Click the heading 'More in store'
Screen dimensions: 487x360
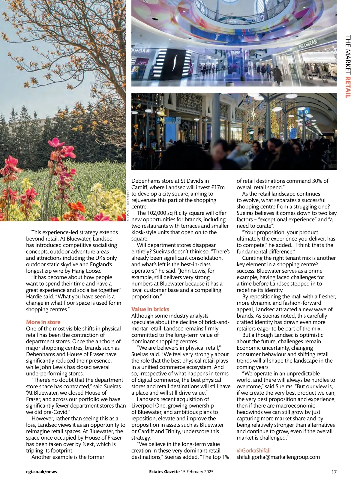pos(43,322)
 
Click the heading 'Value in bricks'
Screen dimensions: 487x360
pos(150,309)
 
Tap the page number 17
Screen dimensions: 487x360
pos(334,472)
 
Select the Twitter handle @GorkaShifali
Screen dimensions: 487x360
pos(253,450)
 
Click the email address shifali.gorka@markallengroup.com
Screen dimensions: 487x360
pos(278,457)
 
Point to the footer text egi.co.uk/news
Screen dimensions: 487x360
pos(41,472)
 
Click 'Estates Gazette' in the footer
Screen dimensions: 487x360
pos(164,472)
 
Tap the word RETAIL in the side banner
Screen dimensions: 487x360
pos(348,87)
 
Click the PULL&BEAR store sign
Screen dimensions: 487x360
pos(308,44)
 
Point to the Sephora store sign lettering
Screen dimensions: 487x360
pos(140,51)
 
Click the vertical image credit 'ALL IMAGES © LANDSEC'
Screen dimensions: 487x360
pos(128,205)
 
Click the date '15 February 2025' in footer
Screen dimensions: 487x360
pos(197,472)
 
